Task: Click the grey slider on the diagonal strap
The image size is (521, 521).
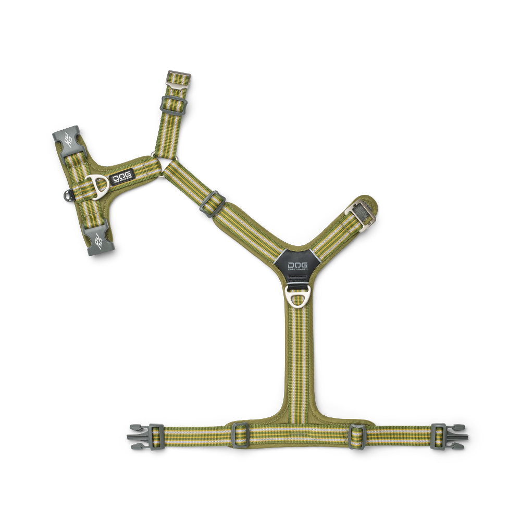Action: pos(212,203)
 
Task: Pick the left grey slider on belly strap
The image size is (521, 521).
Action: pos(240,435)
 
